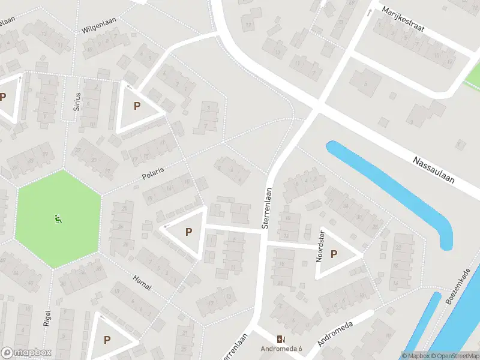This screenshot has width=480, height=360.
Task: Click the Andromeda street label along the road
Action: click(x=334, y=334)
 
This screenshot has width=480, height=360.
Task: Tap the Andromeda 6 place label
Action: click(x=281, y=349)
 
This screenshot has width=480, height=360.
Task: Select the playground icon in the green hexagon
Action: click(x=58, y=220)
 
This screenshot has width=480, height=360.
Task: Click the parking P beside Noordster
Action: click(x=334, y=254)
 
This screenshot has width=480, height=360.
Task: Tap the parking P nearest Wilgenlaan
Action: click(x=137, y=106)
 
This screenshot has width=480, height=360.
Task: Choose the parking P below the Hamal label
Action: click(x=107, y=340)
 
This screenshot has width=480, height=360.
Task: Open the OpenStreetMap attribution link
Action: click(x=454, y=356)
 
